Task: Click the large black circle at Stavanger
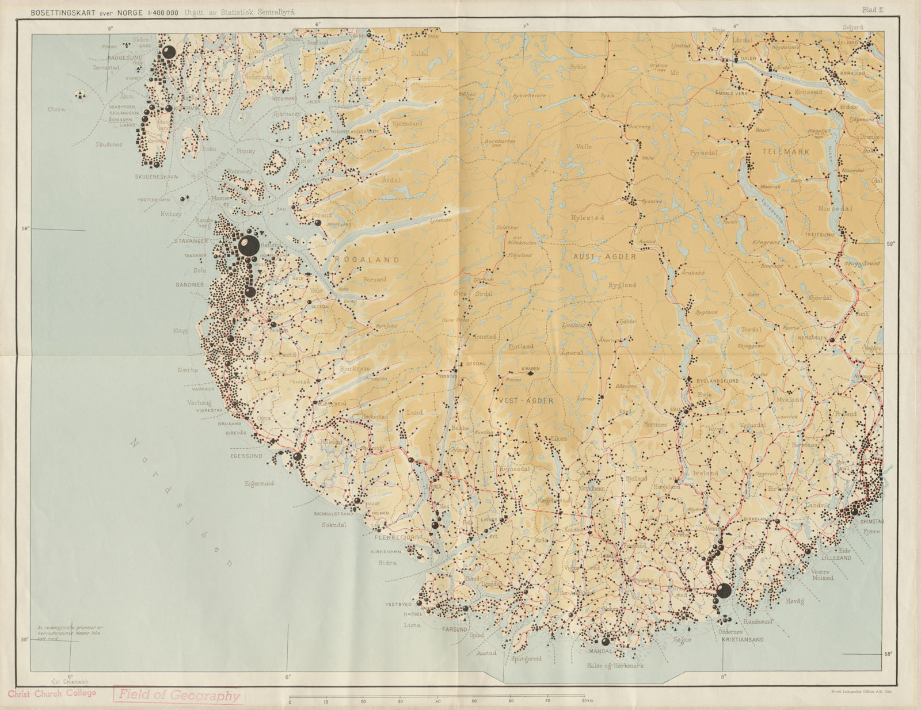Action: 248,246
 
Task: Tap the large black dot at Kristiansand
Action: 724,590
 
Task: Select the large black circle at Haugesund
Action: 168,52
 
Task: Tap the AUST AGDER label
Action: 604,257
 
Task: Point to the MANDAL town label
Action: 600,652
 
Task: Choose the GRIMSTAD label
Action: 871,521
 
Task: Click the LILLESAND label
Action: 836,558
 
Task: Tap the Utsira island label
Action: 56,109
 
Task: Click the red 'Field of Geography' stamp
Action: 178,695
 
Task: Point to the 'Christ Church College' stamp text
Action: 52,693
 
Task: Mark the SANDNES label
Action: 190,285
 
